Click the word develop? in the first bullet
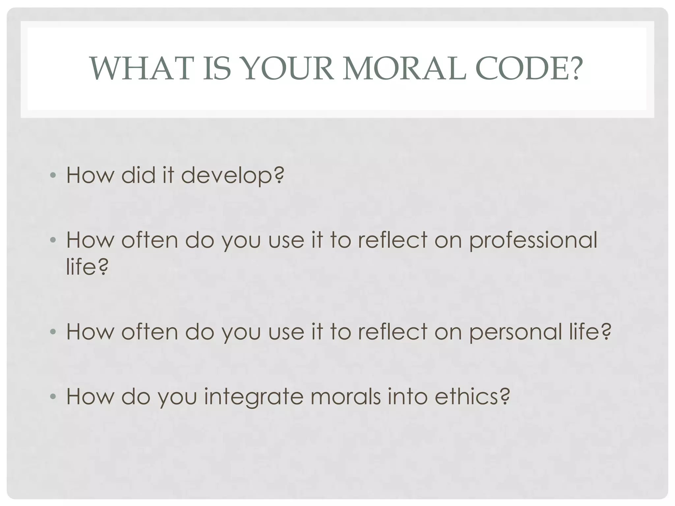(232, 176)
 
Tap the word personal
(515, 332)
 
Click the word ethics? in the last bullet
(472, 396)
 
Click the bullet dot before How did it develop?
(53, 175)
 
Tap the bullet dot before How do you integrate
(53, 396)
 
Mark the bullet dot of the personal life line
(53, 332)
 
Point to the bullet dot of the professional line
(53, 240)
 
